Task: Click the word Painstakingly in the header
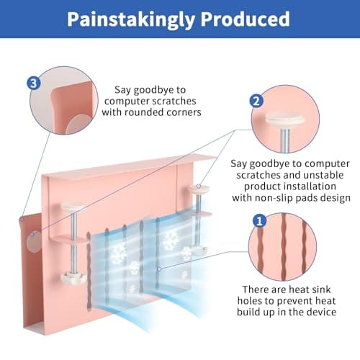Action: [130, 19]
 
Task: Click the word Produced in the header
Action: [245, 19]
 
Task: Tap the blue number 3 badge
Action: [34, 84]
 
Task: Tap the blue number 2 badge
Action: [256, 101]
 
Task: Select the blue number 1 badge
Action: [259, 221]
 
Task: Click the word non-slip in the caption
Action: [272, 198]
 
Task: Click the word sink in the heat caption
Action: [321, 289]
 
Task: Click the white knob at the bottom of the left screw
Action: [73, 277]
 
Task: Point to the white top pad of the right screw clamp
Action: [199, 189]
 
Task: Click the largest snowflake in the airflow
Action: [170, 239]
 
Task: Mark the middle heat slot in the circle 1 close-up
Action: [284, 247]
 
